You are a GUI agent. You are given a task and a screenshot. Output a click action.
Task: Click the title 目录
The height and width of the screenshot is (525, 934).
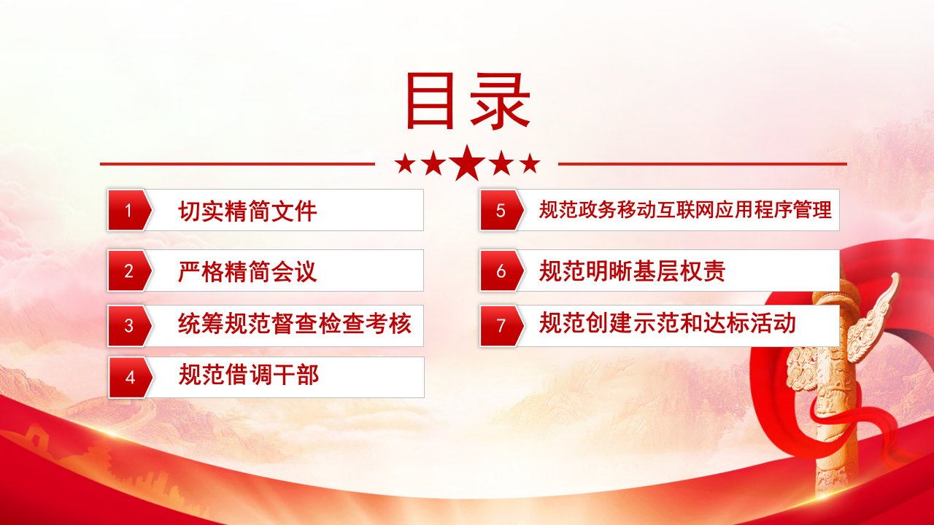point(468,101)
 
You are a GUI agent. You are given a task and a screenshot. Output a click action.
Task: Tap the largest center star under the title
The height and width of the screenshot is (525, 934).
point(468,163)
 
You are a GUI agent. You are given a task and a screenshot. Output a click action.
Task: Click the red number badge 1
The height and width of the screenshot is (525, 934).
point(129,210)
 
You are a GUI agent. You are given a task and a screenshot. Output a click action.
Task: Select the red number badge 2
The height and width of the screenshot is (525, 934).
point(129,271)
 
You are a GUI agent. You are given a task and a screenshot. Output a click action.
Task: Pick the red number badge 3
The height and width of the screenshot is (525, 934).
point(129,326)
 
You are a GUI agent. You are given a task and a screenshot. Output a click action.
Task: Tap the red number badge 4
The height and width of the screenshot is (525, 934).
point(130,378)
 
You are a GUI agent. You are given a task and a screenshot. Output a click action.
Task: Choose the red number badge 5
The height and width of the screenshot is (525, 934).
point(501,210)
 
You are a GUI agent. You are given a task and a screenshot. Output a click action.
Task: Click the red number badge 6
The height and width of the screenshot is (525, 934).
point(501,271)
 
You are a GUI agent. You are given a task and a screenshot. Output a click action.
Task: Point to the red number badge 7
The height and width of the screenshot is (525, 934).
point(501,326)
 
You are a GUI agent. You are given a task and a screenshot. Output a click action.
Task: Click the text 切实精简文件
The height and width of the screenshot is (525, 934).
point(247,211)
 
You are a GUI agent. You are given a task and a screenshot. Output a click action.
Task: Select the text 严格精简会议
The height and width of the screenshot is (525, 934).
point(247,272)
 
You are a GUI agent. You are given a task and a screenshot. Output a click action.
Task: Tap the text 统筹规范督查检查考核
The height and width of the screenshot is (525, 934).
point(294,324)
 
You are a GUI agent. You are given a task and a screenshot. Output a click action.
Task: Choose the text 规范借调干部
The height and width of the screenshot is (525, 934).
point(249,375)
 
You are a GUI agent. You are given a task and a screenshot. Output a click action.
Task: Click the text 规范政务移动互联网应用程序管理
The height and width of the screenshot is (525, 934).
point(685,209)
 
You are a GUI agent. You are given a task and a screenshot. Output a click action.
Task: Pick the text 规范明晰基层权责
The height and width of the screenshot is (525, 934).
point(632,271)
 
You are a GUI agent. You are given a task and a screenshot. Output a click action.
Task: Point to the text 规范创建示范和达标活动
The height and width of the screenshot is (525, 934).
point(667,323)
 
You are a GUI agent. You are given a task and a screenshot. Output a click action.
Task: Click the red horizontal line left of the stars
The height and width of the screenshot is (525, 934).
point(237,164)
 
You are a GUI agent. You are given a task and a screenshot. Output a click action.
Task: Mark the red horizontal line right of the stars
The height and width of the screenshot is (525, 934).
point(703,164)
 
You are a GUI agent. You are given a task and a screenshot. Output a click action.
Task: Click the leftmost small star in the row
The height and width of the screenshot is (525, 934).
point(405,164)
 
